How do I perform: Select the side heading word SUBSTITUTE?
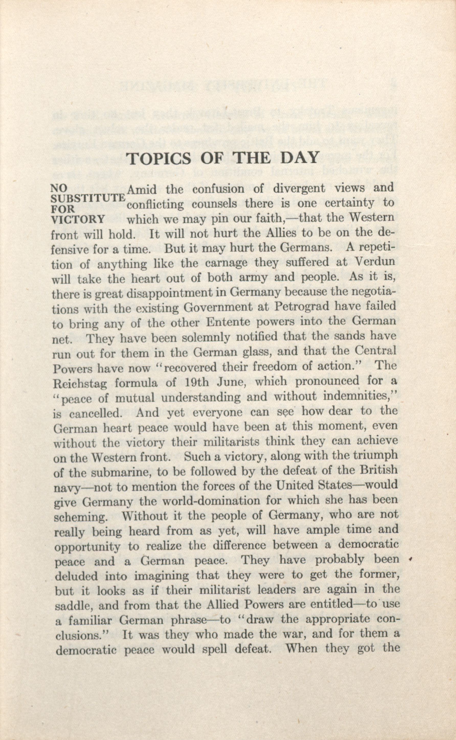pyautogui.click(x=88, y=198)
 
